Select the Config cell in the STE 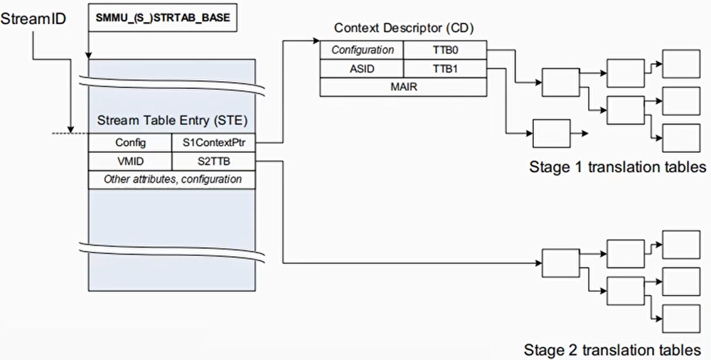tap(130, 142)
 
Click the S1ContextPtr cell tap(213, 142)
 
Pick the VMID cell tap(130, 161)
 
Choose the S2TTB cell tap(213, 161)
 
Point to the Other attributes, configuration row tap(171, 179)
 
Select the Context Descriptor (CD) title tap(404, 28)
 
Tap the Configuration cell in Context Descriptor tap(362, 51)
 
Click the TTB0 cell tap(445, 51)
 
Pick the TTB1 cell tap(445, 68)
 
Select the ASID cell tap(362, 68)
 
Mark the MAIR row tap(403, 87)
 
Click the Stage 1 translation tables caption tap(617, 167)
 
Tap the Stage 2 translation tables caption tap(612, 350)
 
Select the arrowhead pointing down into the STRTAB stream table tap(87, 55)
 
